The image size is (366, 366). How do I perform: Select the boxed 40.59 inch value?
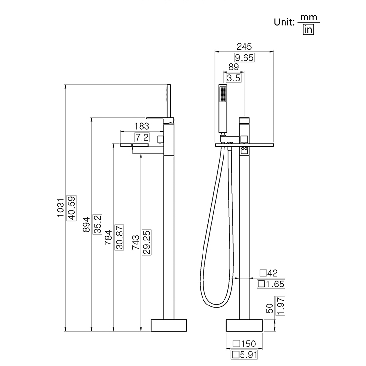(x=72, y=208)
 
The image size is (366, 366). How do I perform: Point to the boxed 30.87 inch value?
(x=119, y=237)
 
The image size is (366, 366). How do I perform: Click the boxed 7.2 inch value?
(x=142, y=137)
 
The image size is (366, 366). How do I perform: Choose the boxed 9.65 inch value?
(x=244, y=58)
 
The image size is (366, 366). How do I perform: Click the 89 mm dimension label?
(x=233, y=67)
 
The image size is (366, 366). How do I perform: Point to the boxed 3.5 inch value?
(x=233, y=78)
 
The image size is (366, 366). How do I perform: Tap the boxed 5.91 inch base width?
(x=243, y=355)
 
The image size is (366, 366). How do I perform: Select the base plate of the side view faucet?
(x=170, y=325)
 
